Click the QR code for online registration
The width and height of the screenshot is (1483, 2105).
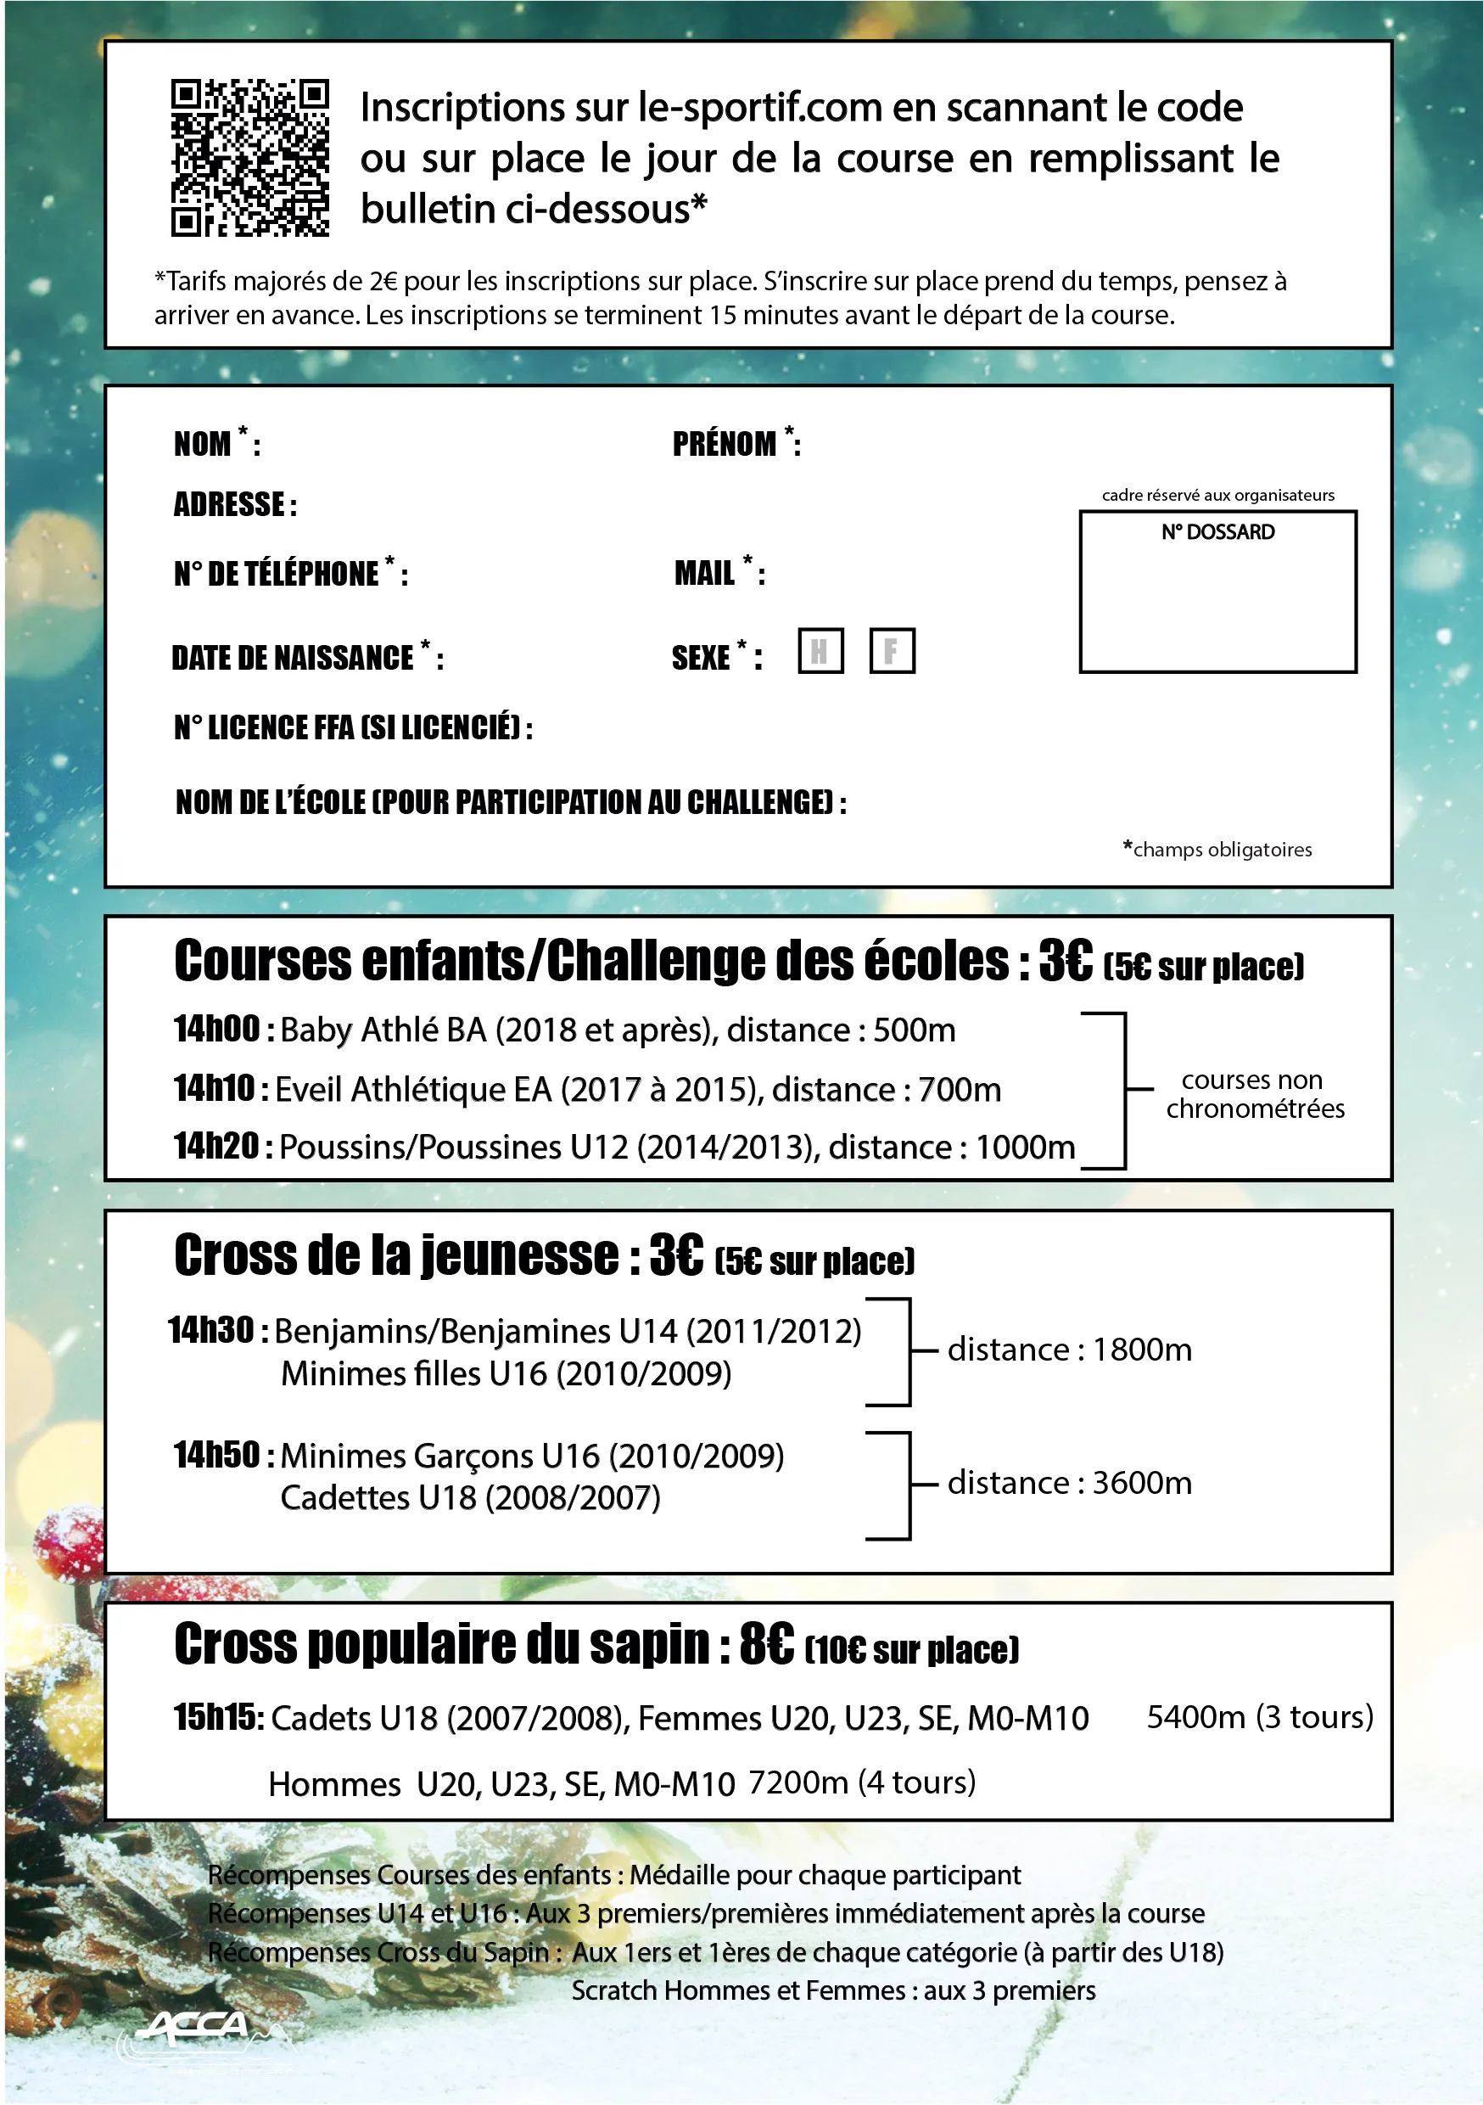(x=249, y=158)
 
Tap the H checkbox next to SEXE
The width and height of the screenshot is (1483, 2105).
(x=820, y=651)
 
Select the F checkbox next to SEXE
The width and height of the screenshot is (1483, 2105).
(x=892, y=651)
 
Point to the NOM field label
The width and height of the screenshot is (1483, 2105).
(x=203, y=445)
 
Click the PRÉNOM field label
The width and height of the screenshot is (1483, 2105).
(x=724, y=445)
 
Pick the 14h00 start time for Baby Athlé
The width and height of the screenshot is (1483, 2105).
(x=217, y=1030)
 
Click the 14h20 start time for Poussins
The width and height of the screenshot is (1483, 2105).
(x=217, y=1146)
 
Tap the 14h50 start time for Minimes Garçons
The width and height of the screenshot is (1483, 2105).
(x=217, y=1455)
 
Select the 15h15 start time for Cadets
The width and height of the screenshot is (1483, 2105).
(x=218, y=1717)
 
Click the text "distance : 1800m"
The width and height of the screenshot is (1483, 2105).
(x=1070, y=1350)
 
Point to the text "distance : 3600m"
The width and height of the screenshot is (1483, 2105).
(x=1070, y=1483)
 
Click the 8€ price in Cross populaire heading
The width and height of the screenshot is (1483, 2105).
(x=766, y=1644)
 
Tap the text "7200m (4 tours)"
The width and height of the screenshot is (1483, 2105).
(x=862, y=1782)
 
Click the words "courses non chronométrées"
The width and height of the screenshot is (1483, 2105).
(x=1254, y=1094)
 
